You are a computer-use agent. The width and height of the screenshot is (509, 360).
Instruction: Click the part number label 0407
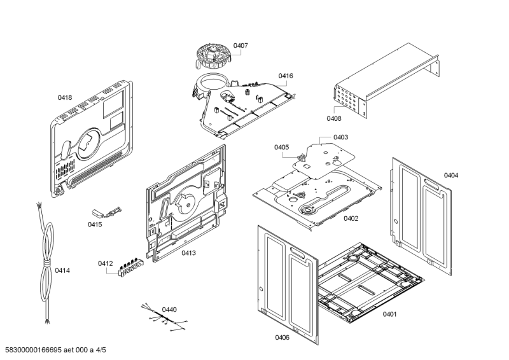tap(241, 45)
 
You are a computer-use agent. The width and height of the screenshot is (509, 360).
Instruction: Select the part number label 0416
tap(285, 76)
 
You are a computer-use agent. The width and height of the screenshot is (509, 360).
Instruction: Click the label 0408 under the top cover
tap(333, 118)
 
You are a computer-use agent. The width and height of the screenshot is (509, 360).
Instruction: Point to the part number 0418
tap(65, 97)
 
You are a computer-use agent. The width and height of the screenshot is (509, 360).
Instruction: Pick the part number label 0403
tap(340, 137)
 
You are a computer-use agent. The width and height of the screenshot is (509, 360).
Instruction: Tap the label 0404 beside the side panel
tap(451, 176)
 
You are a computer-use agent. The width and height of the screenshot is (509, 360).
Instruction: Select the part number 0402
tap(351, 218)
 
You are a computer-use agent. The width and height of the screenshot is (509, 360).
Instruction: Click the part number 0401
tap(389, 314)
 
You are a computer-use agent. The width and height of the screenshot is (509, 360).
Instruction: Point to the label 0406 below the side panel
tap(282, 338)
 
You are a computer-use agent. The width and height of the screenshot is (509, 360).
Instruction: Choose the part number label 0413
tap(188, 253)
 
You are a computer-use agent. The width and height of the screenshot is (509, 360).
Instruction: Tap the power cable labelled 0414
tap(45, 263)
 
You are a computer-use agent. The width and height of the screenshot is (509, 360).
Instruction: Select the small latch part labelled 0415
tap(106, 212)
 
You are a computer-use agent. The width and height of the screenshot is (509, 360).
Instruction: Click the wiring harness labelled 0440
tap(165, 318)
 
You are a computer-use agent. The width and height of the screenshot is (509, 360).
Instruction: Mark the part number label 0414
tap(62, 270)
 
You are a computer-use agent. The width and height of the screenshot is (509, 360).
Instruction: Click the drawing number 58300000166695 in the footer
tap(34, 350)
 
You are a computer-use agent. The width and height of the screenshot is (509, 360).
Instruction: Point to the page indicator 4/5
tap(101, 350)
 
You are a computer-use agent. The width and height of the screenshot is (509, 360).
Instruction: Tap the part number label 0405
tap(281, 148)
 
